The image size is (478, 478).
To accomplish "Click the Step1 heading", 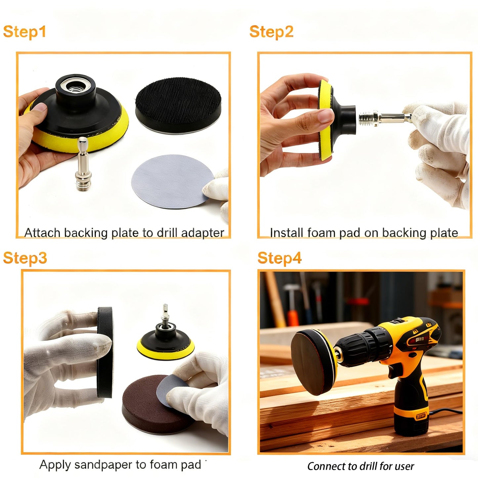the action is [x=24, y=32].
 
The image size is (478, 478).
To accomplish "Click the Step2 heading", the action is [x=271, y=32].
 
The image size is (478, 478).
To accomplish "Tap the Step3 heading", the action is [x=25, y=258].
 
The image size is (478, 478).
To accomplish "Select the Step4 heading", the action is [x=280, y=258].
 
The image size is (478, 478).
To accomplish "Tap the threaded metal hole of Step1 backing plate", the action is [x=76, y=87].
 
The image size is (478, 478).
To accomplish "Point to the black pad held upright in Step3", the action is [x=105, y=352].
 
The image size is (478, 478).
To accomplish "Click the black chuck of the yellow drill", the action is [x=364, y=349].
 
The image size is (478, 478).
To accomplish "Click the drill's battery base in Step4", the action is [x=412, y=418].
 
